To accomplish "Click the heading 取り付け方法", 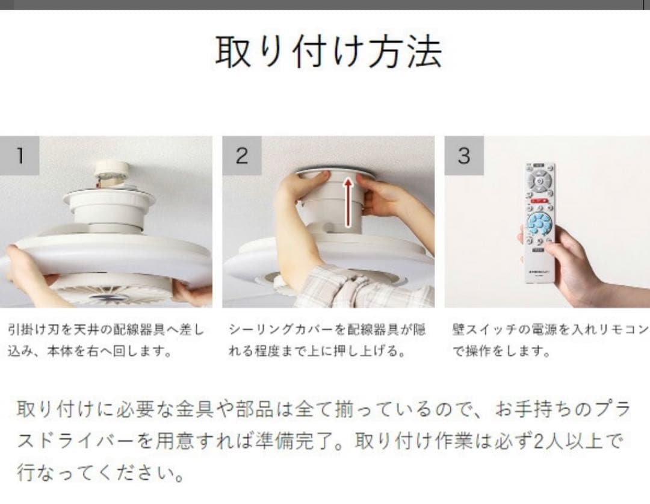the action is pyautogui.click(x=329, y=51).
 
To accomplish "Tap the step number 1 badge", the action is pyautogui.click(x=19, y=155).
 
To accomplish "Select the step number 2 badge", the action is pyautogui.click(x=242, y=155).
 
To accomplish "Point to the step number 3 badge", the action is pyautogui.click(x=464, y=155).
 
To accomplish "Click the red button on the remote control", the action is pyautogui.click(x=539, y=201).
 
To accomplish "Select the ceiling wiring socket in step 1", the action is pyautogui.click(x=112, y=173).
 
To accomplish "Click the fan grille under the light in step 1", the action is pyautogui.click(x=110, y=290).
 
